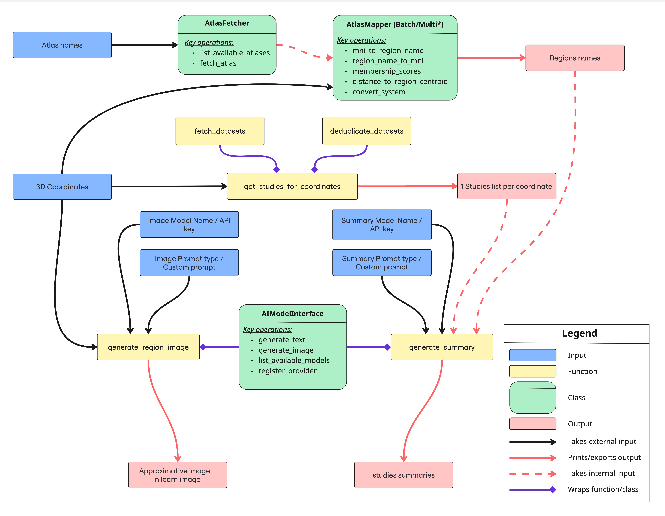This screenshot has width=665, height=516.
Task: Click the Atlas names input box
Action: [x=62, y=45]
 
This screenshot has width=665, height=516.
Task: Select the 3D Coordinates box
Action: [x=62, y=187]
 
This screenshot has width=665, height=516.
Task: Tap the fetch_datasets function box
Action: [x=220, y=131]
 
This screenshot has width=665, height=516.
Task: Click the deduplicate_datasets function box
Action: [x=367, y=131]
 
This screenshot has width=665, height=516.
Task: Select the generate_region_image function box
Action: [x=148, y=347]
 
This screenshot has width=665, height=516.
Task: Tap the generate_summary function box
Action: [x=442, y=347]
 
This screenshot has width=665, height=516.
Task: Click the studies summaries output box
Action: [x=403, y=475]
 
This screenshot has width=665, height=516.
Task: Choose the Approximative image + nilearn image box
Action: [x=178, y=475]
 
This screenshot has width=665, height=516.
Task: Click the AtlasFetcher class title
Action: [x=227, y=23]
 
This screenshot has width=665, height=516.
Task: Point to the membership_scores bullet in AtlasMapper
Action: [x=386, y=71]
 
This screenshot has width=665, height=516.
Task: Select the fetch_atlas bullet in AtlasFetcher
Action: [x=218, y=63]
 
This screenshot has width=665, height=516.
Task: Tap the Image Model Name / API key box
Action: [x=189, y=225]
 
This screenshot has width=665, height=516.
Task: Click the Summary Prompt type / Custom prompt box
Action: [x=382, y=263]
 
